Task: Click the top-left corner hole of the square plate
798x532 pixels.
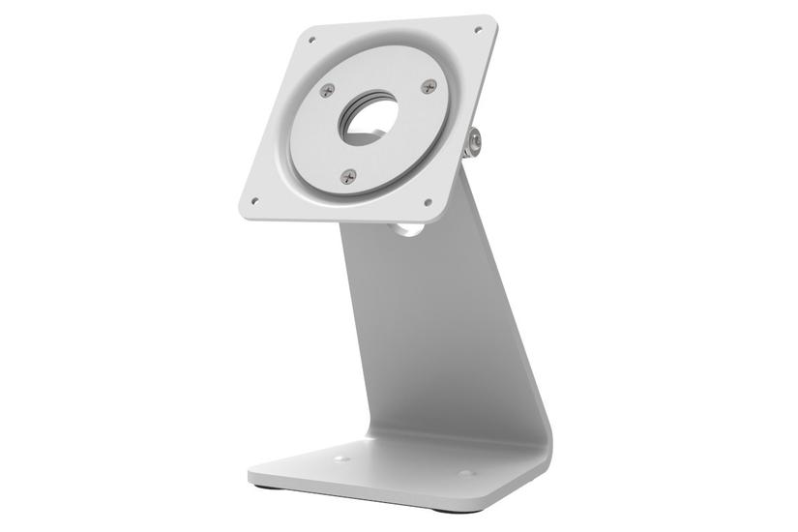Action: click(311, 41)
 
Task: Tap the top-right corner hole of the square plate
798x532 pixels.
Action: click(477, 30)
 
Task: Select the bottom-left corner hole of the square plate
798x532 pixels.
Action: click(254, 201)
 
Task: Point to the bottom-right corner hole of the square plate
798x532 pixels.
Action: click(428, 202)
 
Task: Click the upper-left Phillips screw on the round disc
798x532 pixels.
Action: click(327, 90)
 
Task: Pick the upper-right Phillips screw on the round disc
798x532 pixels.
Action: click(429, 86)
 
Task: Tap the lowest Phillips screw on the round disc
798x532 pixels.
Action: click(348, 176)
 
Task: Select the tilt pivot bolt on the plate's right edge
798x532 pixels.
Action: click(473, 144)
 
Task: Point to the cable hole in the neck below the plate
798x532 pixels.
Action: click(408, 229)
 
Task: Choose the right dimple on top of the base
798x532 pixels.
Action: click(466, 473)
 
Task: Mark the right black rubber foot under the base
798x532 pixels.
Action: click(451, 509)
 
